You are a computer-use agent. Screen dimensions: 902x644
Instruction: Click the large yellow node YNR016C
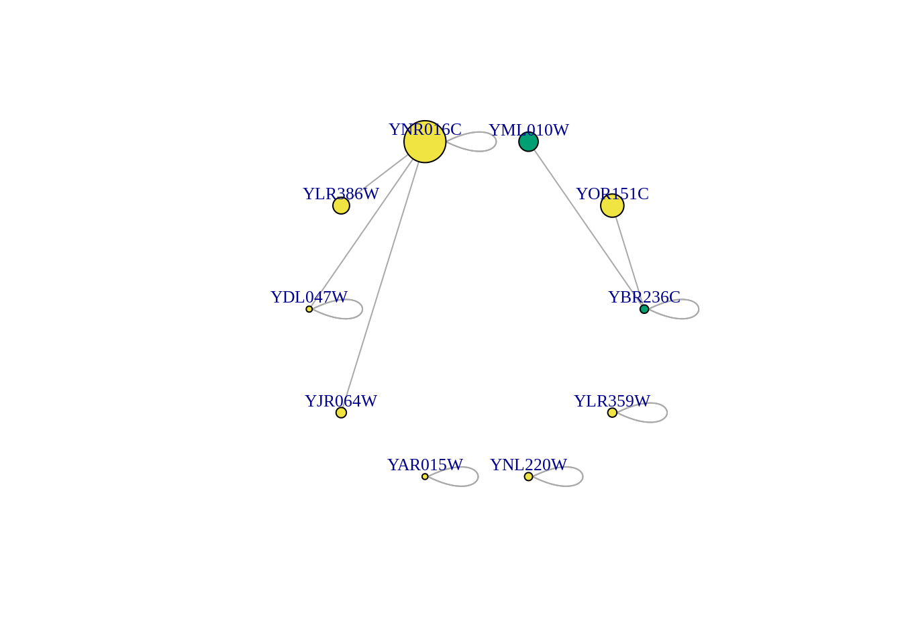pyautogui.click(x=425, y=142)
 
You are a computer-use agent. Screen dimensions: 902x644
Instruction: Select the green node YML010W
pyautogui.click(x=528, y=142)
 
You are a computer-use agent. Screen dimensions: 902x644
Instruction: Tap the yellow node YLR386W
pyautogui.click(x=341, y=206)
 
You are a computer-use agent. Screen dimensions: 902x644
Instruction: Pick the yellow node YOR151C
pyautogui.click(x=612, y=206)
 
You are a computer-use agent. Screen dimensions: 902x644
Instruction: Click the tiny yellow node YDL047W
pyautogui.click(x=309, y=309)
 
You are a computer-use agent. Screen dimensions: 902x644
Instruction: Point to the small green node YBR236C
pyautogui.click(x=644, y=309)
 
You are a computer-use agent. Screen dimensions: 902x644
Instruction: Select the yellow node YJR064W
pyautogui.click(x=341, y=413)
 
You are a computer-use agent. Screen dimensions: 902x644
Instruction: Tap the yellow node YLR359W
pyautogui.click(x=612, y=413)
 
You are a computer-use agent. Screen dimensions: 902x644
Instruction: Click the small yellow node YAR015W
pyautogui.click(x=425, y=476)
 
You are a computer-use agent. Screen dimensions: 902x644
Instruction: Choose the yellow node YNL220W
pyautogui.click(x=528, y=476)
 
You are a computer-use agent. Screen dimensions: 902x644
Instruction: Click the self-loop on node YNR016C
pyautogui.click(x=496, y=142)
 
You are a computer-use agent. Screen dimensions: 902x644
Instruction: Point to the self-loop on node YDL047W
pyautogui.click(x=362, y=309)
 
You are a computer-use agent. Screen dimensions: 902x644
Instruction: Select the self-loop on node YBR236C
pyautogui.click(x=699, y=309)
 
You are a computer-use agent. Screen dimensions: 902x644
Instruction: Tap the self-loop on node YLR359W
pyautogui.click(x=667, y=413)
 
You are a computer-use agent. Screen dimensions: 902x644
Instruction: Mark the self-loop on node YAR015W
pyautogui.click(x=478, y=476)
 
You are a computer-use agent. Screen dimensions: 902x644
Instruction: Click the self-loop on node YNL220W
pyautogui.click(x=583, y=476)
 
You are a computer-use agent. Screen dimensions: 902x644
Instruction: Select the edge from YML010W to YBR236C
pyautogui.click(x=587, y=227)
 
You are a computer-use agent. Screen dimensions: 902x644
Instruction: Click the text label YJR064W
pyautogui.click(x=341, y=401)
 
